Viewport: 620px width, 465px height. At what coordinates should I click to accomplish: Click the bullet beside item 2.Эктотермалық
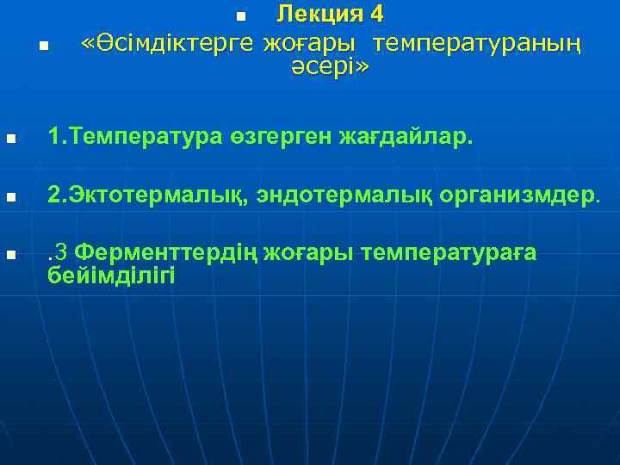pyautogui.click(x=9, y=197)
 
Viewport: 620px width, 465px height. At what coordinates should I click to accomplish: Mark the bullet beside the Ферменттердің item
pyautogui.click(x=9, y=256)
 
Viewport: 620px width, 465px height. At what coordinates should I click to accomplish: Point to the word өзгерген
pyautogui.click(x=279, y=136)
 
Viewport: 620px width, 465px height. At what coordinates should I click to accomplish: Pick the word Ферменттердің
pyautogui.click(x=178, y=253)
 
